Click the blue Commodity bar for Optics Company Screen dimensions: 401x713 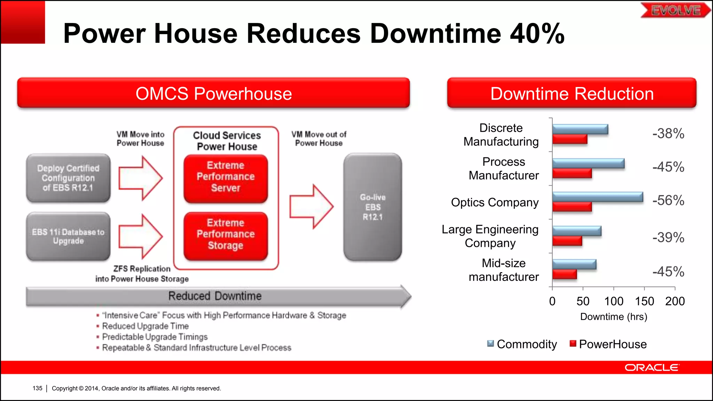point(597,197)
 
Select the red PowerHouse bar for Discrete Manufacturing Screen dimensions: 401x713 point(570,139)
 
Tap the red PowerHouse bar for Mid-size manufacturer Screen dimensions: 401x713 point(565,274)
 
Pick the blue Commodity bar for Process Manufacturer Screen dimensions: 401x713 point(588,163)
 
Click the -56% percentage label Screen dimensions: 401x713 point(668,200)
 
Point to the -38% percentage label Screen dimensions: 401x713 point(668,134)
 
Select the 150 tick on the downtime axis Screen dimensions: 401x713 point(644,301)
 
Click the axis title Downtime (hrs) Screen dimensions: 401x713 point(613,317)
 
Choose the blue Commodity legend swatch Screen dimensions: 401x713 point(491,344)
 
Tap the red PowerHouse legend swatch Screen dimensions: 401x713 point(573,344)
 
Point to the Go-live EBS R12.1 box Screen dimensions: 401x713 point(373,207)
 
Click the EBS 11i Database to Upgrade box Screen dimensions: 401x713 point(68,236)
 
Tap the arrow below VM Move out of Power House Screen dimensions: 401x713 point(311,206)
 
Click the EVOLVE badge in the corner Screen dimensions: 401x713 point(675,10)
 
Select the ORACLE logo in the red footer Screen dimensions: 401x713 point(651,368)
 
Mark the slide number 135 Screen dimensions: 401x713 point(37,388)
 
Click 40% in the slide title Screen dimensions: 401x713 point(537,34)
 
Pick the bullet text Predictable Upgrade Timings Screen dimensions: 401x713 point(155,337)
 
